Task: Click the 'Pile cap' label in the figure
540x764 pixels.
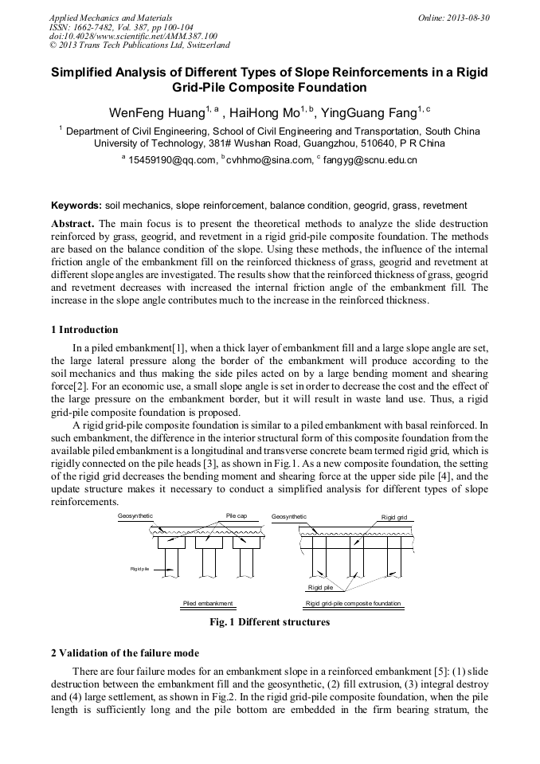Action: pyautogui.click(x=237, y=516)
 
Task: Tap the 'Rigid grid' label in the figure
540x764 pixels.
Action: pyautogui.click(x=393, y=517)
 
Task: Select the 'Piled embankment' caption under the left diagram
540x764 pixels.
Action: pyautogui.click(x=208, y=603)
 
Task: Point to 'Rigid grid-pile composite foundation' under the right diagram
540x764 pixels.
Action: pyautogui.click(x=353, y=603)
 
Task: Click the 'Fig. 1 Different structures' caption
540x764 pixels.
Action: pyautogui.click(x=269, y=621)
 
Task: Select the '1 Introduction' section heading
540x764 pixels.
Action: pyautogui.click(x=84, y=330)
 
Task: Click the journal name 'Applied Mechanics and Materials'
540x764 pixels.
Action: pyautogui.click(x=110, y=18)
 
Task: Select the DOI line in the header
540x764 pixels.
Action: pyautogui.click(x=133, y=36)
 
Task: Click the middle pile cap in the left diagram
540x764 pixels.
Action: pyautogui.click(x=209, y=542)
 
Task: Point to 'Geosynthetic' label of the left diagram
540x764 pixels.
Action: pyautogui.click(x=135, y=516)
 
